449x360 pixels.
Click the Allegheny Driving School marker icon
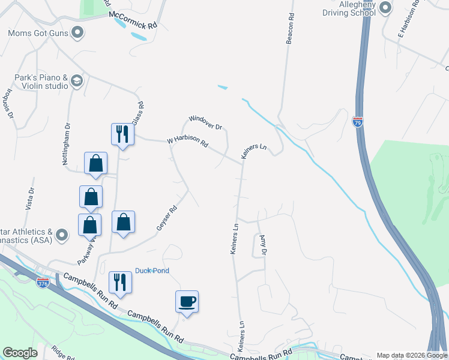(x=385, y=8)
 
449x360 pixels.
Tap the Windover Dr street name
(x=206, y=122)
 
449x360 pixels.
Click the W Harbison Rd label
(x=187, y=142)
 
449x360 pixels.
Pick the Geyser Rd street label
(x=166, y=218)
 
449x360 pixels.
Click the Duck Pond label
(x=152, y=271)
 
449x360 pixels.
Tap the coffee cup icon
(x=187, y=301)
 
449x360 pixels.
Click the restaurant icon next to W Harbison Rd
(x=122, y=134)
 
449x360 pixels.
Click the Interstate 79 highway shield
(x=358, y=121)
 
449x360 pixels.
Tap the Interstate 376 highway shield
(x=42, y=283)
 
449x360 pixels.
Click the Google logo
(x=20, y=353)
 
